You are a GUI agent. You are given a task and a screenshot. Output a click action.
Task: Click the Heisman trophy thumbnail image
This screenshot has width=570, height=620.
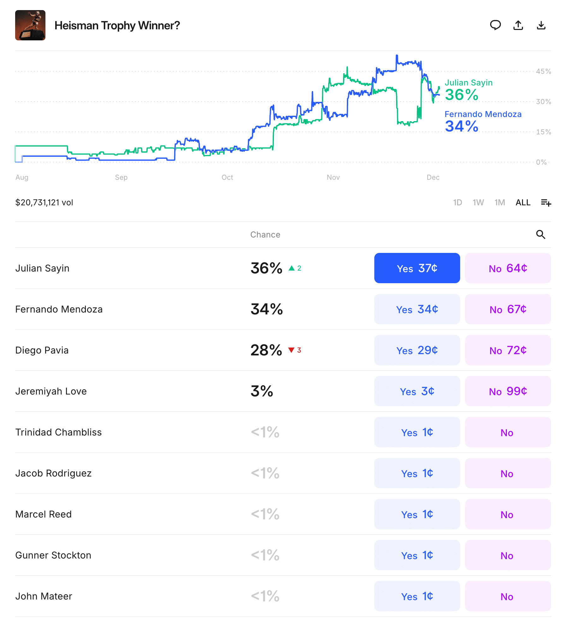(x=30, y=25)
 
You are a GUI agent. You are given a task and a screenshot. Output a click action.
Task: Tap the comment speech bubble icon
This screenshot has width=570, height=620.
(x=495, y=25)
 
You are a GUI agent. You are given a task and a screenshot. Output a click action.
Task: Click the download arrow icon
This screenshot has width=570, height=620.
(x=541, y=25)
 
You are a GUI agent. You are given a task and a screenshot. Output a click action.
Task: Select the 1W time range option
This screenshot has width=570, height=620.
(x=478, y=202)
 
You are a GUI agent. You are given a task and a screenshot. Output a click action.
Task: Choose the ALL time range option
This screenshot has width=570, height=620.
(x=523, y=202)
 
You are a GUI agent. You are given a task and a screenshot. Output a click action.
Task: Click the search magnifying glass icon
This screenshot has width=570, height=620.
(x=541, y=235)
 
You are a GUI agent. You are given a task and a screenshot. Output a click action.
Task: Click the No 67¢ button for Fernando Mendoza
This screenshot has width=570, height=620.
(x=508, y=309)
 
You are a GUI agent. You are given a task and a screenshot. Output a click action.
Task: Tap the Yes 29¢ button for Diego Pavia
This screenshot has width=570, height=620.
(x=417, y=350)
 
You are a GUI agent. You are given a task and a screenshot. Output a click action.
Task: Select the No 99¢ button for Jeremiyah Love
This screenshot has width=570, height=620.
(x=508, y=391)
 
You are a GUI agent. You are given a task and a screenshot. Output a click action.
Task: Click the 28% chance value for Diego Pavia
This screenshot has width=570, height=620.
(x=266, y=350)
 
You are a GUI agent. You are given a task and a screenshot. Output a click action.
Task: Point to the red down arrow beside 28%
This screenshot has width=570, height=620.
(x=291, y=350)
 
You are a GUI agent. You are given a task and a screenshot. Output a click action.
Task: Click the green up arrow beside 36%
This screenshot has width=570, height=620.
(x=292, y=268)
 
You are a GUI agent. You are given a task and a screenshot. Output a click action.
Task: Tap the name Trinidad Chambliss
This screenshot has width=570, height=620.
(x=58, y=432)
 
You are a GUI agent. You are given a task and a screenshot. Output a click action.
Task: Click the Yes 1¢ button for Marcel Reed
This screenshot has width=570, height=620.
(x=417, y=514)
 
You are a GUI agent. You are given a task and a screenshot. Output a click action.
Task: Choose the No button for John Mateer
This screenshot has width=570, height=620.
(x=508, y=596)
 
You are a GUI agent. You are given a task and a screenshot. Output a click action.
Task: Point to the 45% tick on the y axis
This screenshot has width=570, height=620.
(x=543, y=71)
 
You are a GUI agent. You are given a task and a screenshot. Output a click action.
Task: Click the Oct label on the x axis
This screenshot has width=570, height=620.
(x=227, y=177)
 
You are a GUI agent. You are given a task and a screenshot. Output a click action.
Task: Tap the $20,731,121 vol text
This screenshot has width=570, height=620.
(x=44, y=202)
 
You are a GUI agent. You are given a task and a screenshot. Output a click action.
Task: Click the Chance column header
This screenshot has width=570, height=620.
(x=265, y=235)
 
